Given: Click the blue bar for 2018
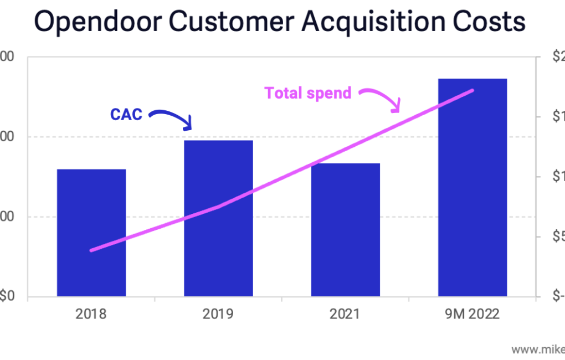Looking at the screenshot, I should pos(91,233).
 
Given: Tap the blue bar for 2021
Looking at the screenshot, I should pos(345,230).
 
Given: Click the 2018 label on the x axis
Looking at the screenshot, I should pos(91,315).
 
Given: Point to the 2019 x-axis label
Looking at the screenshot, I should pos(218,315).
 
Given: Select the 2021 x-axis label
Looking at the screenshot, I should pos(345,315).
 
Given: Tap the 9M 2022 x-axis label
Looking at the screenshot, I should pos(472,315).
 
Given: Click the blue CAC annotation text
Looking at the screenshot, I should pos(126,115).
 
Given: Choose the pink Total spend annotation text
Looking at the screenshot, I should pos(308,93).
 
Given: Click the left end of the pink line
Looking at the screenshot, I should pos(91,250).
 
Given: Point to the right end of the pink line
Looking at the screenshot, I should pos(472,90).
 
